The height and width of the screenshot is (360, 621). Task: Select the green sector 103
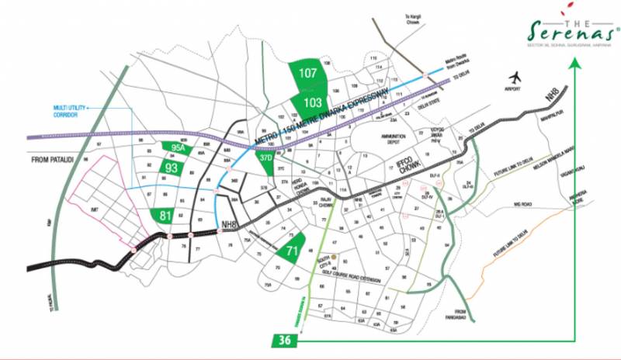coord(314,102)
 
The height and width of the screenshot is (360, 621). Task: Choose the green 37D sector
coord(267,158)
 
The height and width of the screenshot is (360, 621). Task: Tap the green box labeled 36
coord(283,340)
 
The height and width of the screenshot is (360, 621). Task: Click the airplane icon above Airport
coord(515,78)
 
